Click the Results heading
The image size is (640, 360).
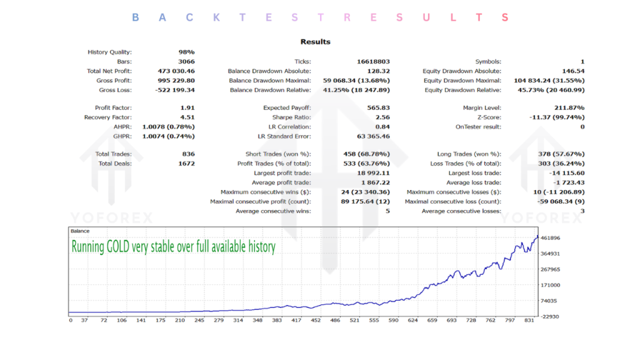315,42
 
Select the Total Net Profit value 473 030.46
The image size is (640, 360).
176,71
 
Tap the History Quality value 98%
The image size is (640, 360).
186,52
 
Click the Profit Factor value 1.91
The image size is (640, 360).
187,108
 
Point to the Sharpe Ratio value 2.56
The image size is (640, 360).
382,117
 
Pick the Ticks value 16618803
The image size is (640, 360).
372,62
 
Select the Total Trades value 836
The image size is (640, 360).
188,154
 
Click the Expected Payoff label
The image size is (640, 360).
287,108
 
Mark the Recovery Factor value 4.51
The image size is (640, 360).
187,117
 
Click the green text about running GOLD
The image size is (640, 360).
173,247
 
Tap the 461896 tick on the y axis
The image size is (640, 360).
552,238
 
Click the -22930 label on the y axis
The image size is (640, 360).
552,316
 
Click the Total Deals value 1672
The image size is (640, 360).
187,164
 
